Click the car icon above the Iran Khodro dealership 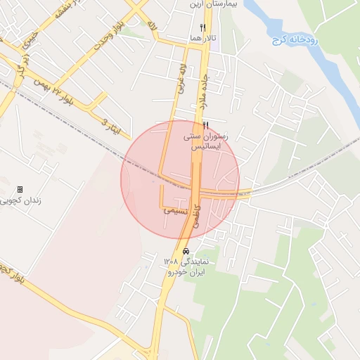[x=185, y=251]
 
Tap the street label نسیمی [x=175, y=210]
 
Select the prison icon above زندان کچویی [x=20, y=189]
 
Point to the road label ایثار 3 [x=112, y=127]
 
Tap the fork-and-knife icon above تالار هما [x=202, y=28]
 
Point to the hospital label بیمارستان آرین [x=211, y=5]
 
